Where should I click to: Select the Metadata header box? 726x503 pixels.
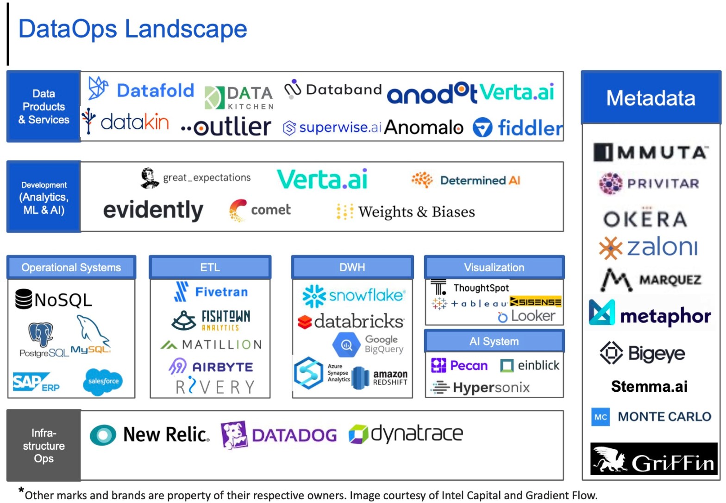(651, 98)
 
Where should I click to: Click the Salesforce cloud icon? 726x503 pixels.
(104, 382)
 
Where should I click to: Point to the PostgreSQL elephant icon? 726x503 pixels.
(41, 334)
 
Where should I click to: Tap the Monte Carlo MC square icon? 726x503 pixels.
(601, 417)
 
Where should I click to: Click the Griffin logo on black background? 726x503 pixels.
(653, 458)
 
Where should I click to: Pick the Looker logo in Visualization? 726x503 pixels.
(527, 316)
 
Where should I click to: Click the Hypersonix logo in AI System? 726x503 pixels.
(481, 387)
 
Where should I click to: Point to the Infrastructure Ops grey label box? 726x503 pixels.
(44, 446)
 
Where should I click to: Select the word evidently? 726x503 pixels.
(153, 210)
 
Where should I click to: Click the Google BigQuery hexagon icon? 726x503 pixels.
(346, 344)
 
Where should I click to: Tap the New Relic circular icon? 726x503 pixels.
(103, 435)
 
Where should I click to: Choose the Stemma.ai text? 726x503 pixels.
(649, 386)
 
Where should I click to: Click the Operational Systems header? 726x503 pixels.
(71, 267)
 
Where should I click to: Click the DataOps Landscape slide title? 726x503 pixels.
(132, 29)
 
